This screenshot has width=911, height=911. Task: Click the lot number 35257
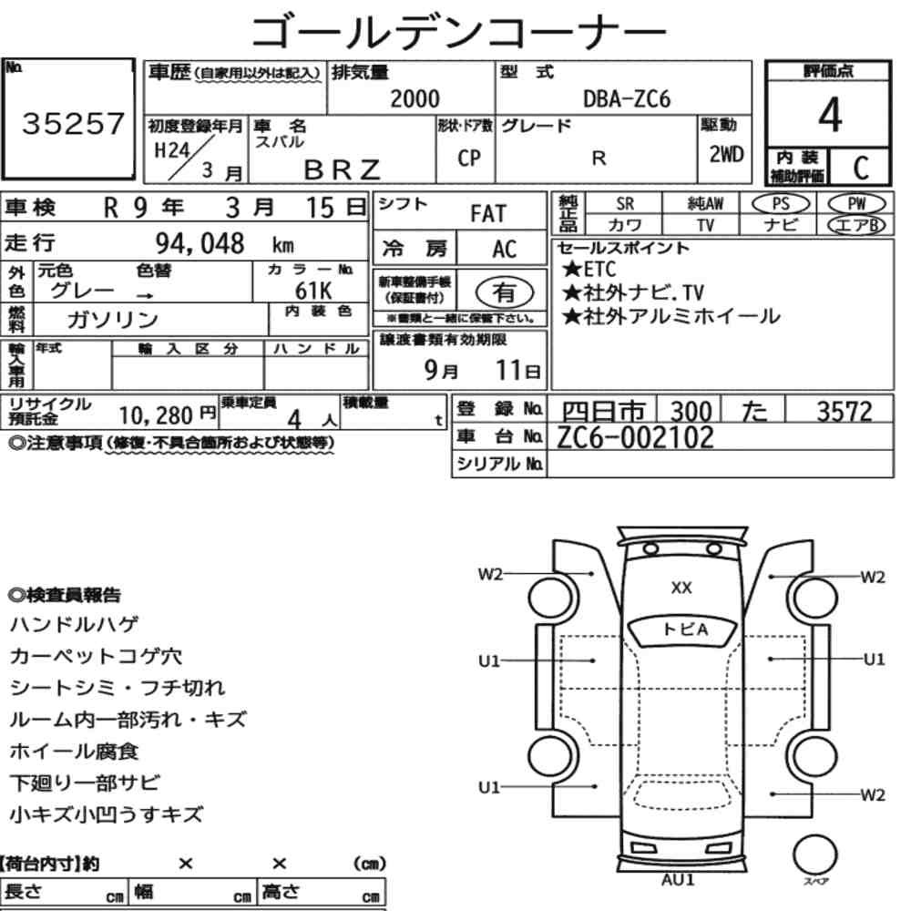tap(73, 123)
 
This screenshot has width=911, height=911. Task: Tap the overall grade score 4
tap(830, 115)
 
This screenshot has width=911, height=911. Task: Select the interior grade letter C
tap(861, 168)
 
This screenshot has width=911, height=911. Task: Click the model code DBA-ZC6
tap(627, 99)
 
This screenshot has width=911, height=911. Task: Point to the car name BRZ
tap(343, 169)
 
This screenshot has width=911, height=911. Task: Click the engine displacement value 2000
tap(415, 98)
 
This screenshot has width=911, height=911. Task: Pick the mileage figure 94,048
tap(200, 243)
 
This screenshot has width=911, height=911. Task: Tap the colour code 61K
tap(313, 290)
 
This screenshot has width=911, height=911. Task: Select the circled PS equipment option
tap(781, 204)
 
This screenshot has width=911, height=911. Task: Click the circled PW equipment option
tap(856, 204)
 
